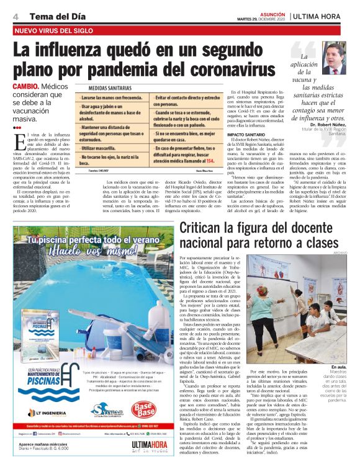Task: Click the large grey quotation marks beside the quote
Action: [299, 49]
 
